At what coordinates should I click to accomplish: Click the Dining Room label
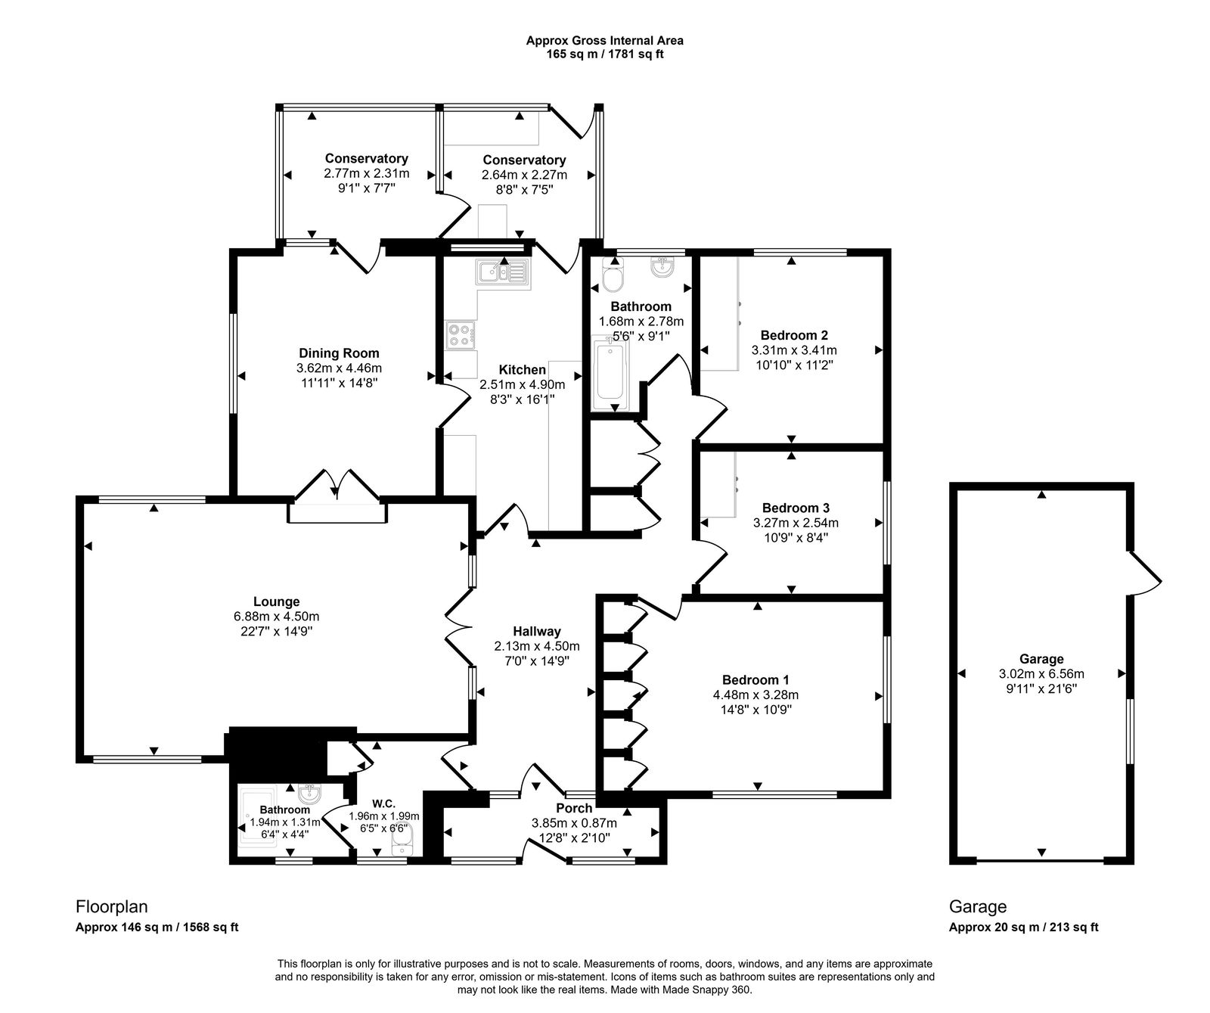point(339,353)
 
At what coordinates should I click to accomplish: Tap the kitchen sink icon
point(503,271)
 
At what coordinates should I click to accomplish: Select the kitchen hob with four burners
point(459,334)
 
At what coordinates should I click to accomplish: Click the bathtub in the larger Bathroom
point(609,375)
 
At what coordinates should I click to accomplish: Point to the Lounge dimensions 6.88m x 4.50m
point(276,617)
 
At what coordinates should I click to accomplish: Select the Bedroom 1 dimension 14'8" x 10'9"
point(755,710)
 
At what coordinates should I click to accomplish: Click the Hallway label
point(537,631)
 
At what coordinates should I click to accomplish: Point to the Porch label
point(574,809)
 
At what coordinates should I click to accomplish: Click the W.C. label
point(383,803)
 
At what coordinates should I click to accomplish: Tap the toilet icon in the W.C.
point(401,841)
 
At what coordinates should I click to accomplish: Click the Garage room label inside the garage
point(1041,659)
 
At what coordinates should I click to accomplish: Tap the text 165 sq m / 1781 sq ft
point(605,54)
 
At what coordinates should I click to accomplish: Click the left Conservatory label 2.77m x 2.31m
point(366,173)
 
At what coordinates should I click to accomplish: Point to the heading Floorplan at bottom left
point(111,906)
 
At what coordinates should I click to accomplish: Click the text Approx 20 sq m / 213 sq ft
point(1023,928)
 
